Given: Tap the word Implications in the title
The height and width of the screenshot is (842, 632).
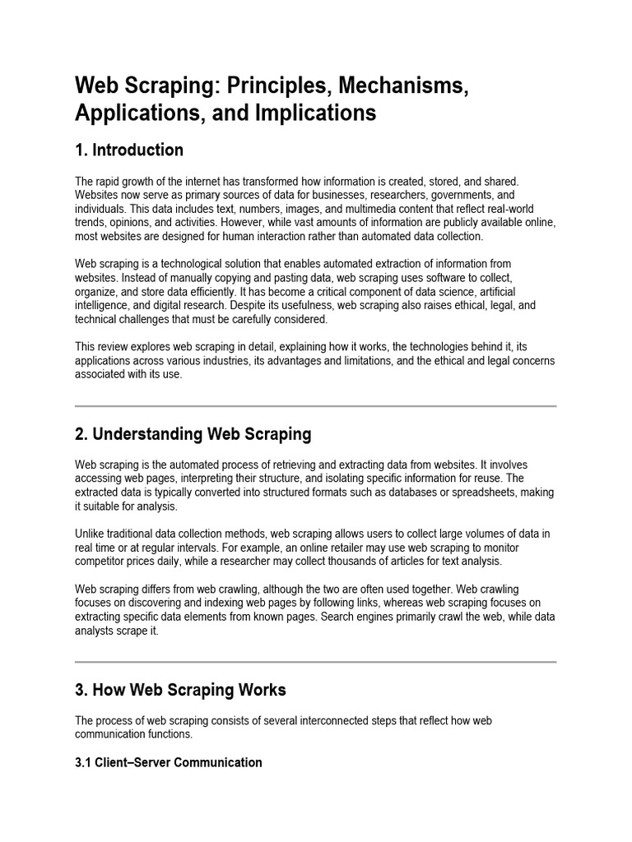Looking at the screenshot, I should pos(319,113).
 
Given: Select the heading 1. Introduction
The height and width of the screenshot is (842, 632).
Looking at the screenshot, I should pos(129,150).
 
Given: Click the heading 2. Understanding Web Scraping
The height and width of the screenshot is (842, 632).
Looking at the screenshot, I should pos(193,433).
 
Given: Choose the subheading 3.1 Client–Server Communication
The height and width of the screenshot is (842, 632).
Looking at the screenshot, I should pos(169,762).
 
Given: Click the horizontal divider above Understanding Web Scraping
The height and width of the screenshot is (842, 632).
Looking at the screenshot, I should pos(316,406).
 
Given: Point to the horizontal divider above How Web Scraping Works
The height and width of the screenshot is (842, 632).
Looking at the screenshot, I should pos(316,661).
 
